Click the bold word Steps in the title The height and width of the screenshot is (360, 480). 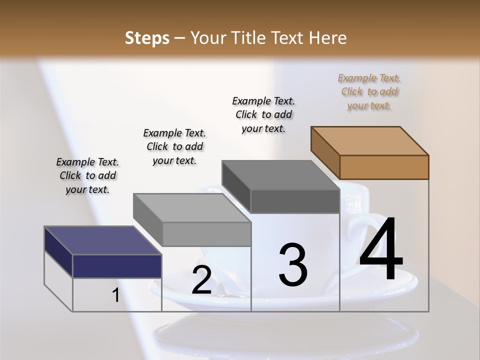147,38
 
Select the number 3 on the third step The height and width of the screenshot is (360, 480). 292,265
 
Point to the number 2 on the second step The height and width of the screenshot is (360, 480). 201,279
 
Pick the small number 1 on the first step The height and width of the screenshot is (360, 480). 115,295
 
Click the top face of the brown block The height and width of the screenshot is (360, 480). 370,140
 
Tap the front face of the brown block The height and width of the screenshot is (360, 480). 384,167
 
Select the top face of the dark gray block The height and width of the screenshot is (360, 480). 281,175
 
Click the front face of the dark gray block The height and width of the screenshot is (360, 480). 295,201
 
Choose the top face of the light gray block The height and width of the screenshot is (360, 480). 192,207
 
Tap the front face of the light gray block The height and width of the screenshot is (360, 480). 206,234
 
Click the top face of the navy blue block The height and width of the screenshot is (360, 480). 103,240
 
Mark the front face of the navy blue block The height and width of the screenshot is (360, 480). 117,266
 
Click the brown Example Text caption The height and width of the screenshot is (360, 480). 369,91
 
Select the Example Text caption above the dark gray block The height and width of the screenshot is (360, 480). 263,114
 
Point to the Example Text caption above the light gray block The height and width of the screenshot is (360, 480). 174,146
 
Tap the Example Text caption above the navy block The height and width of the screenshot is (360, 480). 87,175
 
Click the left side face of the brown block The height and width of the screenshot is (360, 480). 325,152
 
